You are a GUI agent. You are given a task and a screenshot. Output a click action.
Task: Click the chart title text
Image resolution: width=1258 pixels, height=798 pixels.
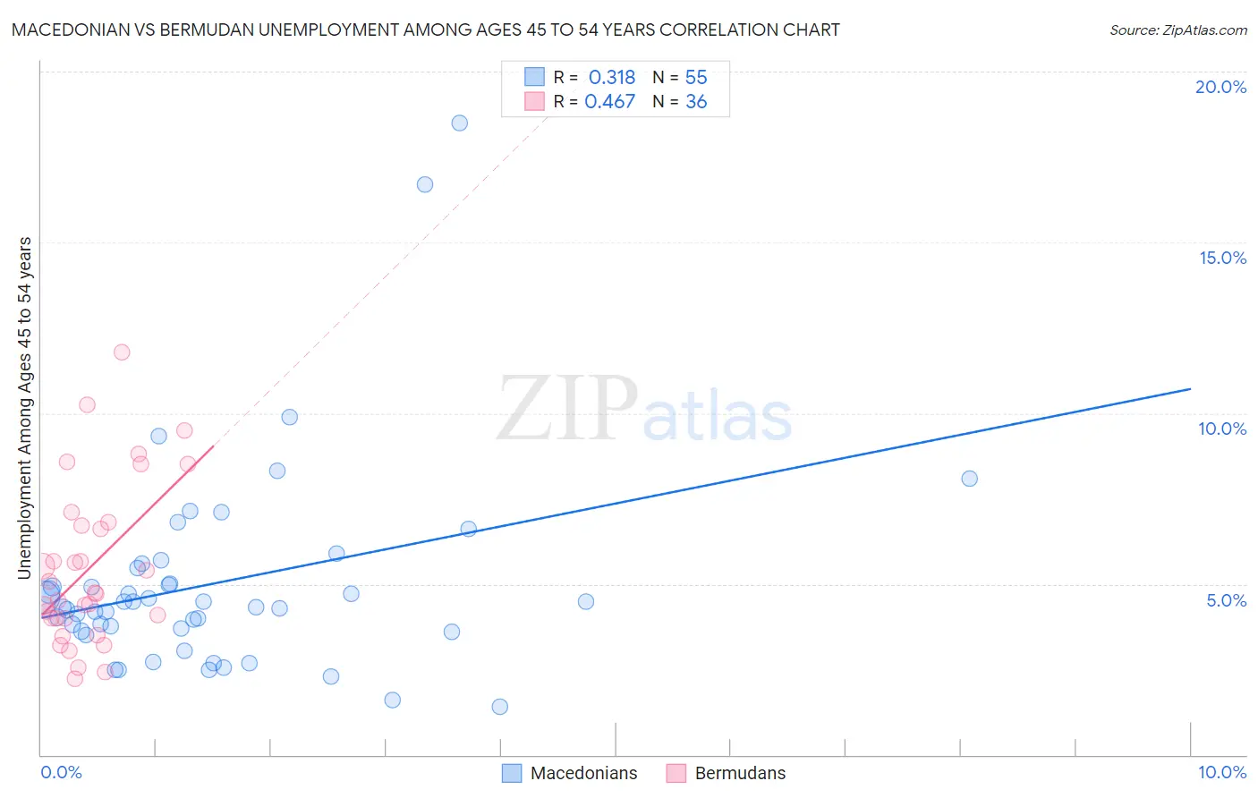click(x=426, y=30)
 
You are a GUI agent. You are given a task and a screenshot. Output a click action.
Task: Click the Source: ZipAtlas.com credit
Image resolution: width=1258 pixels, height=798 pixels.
click(x=1177, y=30)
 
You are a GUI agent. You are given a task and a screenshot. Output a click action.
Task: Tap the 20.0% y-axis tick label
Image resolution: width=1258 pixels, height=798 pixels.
click(x=1220, y=87)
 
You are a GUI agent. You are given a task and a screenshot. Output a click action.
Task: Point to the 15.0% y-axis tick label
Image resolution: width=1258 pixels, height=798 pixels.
click(x=1222, y=258)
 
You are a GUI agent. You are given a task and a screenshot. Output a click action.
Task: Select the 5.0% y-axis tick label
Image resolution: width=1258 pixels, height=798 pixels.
click(x=1226, y=600)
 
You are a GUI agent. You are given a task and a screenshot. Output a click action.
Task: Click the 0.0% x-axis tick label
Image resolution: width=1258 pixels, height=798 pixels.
click(x=61, y=772)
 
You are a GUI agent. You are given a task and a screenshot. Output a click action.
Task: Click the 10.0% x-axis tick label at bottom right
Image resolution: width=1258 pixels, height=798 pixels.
click(x=1221, y=772)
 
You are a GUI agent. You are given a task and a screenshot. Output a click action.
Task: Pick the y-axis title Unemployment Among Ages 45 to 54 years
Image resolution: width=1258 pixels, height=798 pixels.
click(x=25, y=407)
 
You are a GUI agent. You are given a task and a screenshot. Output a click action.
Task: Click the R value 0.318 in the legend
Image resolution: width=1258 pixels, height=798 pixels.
click(x=612, y=77)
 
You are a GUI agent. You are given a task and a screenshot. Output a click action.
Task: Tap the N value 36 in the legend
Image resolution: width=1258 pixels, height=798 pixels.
click(x=696, y=102)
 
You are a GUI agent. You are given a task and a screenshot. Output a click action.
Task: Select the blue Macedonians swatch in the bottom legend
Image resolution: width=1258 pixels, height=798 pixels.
click(x=512, y=773)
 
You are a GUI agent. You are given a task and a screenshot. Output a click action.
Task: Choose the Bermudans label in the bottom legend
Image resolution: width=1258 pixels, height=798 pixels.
click(x=740, y=773)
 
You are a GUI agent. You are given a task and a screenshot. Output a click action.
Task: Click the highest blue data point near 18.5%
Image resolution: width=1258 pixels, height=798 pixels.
click(x=459, y=123)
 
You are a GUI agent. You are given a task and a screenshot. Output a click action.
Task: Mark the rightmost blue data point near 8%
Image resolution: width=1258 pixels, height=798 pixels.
click(x=969, y=479)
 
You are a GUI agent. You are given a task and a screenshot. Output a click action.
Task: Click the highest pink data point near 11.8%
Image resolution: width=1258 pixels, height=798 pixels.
click(x=122, y=352)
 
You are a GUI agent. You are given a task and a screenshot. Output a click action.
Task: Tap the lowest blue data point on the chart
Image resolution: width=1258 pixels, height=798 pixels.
click(x=500, y=707)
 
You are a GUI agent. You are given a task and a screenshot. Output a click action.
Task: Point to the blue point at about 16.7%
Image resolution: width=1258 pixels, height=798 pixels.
click(x=425, y=184)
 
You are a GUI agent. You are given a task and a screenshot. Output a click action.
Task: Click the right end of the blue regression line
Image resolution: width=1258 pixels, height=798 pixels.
click(x=1190, y=389)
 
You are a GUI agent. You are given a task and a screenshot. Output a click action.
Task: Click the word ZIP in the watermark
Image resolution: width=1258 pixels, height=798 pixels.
click(x=566, y=409)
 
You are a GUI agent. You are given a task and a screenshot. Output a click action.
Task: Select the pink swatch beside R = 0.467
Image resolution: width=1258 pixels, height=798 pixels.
click(x=535, y=101)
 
